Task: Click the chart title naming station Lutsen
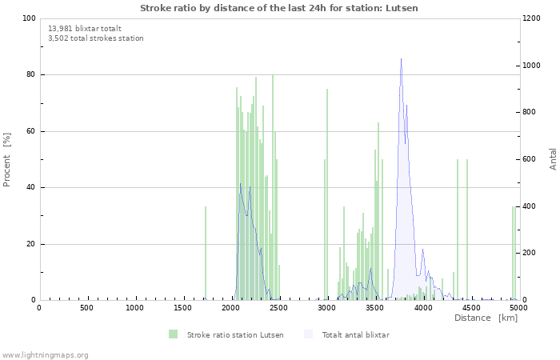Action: [x=279, y=8]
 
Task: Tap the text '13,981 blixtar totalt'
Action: [x=85, y=28]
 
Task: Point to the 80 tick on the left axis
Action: [x=30, y=74]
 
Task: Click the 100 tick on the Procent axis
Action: [x=29, y=18]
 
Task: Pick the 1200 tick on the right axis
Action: [x=537, y=18]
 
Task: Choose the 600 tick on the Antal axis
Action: [x=535, y=159]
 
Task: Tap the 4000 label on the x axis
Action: [x=422, y=308]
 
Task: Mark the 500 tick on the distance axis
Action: [x=86, y=308]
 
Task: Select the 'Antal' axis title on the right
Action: [x=553, y=158]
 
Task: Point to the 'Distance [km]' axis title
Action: [x=486, y=318]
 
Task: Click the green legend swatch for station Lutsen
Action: [x=173, y=334]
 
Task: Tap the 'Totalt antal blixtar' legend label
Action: [x=355, y=334]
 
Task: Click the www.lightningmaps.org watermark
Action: [x=45, y=354]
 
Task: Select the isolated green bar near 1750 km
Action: [x=206, y=253]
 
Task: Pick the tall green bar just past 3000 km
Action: [x=327, y=194]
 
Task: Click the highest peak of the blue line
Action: [x=401, y=59]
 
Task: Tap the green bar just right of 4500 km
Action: [x=467, y=230]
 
